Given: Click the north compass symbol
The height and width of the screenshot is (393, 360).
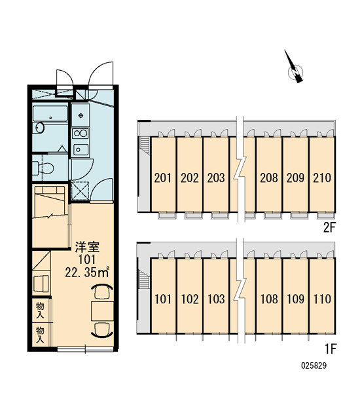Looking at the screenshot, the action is [296, 71].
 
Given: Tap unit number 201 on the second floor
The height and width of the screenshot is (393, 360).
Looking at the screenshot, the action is [162, 178].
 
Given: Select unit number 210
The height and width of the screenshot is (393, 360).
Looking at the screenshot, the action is [322, 178].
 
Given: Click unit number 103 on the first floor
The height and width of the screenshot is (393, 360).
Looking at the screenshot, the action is [216, 299].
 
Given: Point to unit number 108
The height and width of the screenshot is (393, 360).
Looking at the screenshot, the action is [269, 299].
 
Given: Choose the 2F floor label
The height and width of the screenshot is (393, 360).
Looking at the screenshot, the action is [329, 227].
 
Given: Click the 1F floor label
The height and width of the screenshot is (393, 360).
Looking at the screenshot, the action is [331, 348].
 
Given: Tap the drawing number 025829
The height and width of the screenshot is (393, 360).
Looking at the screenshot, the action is [314, 365].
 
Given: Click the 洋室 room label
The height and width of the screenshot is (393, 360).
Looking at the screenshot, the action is [88, 247].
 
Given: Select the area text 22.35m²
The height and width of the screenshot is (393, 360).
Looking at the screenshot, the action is [87, 272].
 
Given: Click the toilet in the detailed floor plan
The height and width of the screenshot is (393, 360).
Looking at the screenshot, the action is [43, 168].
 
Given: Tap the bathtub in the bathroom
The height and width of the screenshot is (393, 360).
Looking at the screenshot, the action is [50, 114].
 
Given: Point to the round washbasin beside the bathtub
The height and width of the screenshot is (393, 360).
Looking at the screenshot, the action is [39, 128].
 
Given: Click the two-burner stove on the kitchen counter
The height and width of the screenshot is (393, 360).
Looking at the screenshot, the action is [80, 134].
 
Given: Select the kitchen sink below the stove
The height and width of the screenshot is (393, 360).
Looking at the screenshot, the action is [81, 149].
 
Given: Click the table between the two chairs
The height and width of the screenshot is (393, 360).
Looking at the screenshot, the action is [102, 311].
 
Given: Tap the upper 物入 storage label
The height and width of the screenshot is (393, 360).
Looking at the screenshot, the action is [40, 310].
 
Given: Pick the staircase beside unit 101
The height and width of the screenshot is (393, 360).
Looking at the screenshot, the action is [145, 278].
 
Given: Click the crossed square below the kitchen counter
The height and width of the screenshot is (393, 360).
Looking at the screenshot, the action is [80, 191].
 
